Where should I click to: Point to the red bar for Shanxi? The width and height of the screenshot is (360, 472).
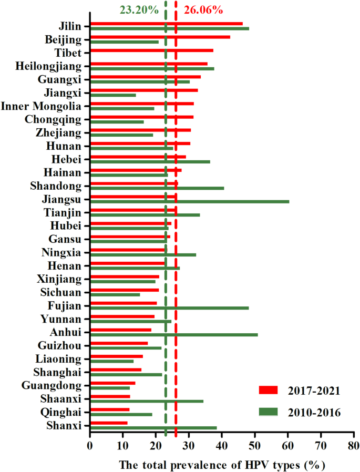pyautogui.click(x=109, y=423)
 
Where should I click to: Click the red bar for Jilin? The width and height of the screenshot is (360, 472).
pyautogui.click(x=166, y=23)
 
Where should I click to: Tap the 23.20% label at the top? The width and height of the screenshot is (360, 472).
pyautogui.click(x=139, y=9)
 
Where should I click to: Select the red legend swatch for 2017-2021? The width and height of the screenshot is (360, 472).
pyautogui.click(x=271, y=389)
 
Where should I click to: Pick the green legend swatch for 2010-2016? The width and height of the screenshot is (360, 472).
pyautogui.click(x=271, y=412)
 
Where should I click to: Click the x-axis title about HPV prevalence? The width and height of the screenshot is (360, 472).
pyautogui.click(x=222, y=465)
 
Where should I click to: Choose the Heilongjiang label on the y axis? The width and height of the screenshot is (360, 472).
pyautogui.click(x=49, y=66)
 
